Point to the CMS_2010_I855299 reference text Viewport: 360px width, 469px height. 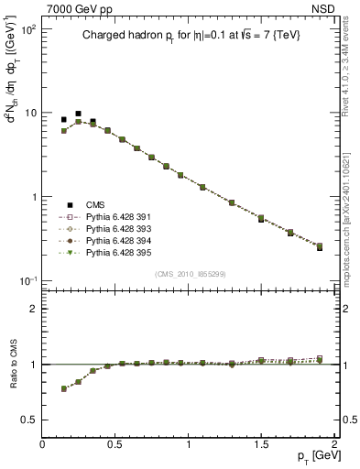pos(191,273)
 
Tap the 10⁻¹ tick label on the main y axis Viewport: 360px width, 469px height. pos(27,281)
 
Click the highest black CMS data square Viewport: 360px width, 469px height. pos(78,114)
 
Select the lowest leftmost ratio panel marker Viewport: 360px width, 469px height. pos(64,389)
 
